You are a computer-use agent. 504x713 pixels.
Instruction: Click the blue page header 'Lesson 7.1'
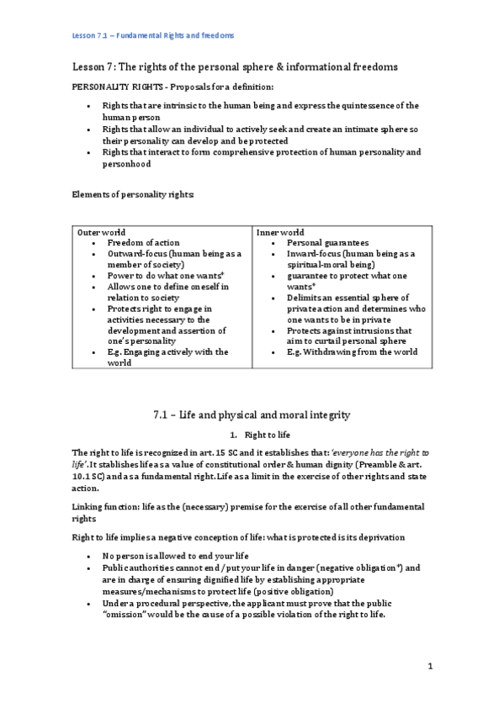point(92,36)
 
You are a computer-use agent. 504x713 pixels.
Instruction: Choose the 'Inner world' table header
point(280,232)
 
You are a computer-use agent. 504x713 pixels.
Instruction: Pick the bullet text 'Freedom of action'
point(143,243)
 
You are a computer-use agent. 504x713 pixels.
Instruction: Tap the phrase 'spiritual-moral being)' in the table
point(330,265)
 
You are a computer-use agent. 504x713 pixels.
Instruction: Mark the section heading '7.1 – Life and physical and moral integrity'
point(252,415)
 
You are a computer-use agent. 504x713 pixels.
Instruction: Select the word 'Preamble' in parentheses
point(363,464)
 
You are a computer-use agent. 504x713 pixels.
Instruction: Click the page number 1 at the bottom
point(430,667)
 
